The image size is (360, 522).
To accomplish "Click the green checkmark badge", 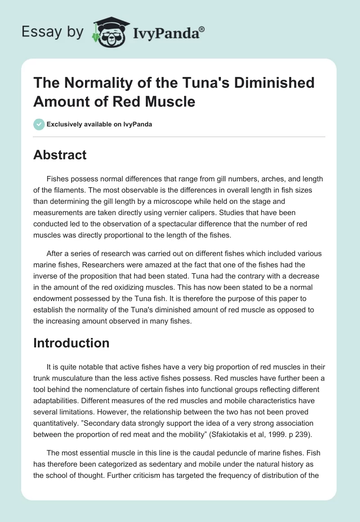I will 39,124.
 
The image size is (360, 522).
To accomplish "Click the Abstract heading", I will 60,155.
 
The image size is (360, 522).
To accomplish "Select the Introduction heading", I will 72,343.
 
